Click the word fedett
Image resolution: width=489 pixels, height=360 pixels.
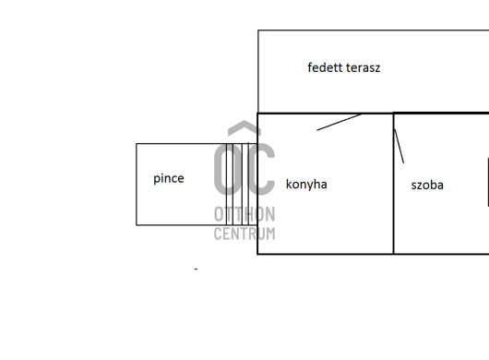click(x=321, y=67)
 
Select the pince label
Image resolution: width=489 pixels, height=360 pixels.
click(x=169, y=179)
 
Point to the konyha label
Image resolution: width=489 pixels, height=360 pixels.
click(x=306, y=184)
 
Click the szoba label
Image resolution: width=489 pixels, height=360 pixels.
click(x=427, y=185)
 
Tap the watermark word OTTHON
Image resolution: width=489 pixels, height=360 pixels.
click(x=244, y=214)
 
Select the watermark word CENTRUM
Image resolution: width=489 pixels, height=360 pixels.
click(x=244, y=234)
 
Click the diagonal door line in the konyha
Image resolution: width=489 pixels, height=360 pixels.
click(x=339, y=122)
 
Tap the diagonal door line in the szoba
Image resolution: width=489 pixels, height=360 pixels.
click(x=399, y=146)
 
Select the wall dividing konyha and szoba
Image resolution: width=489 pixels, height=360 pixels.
click(x=394, y=184)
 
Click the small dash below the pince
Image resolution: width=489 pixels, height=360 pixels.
click(x=196, y=269)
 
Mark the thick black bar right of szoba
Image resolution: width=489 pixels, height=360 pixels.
click(x=488, y=182)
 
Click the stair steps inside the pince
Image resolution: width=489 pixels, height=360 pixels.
click(x=238, y=184)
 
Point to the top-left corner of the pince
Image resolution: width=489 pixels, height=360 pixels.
click(x=137, y=144)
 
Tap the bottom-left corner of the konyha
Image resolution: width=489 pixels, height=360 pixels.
click(x=257, y=254)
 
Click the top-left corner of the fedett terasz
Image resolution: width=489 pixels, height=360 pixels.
click(x=258, y=30)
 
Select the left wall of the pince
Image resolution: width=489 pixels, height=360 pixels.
click(x=137, y=185)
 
